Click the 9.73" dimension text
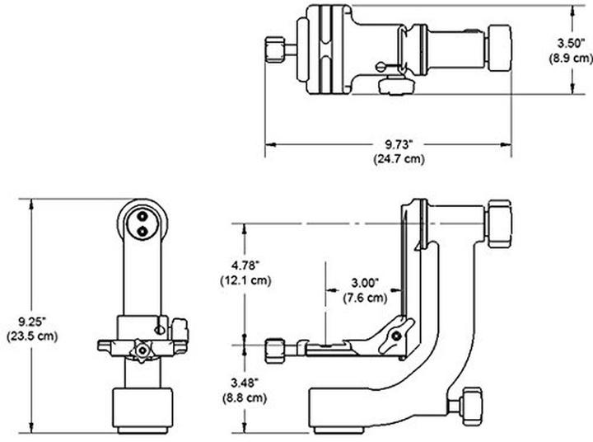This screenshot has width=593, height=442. point(390,141)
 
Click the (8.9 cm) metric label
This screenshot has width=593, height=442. point(571,58)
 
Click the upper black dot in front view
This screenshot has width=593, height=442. point(144,219)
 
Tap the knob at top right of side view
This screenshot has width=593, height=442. point(500,223)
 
